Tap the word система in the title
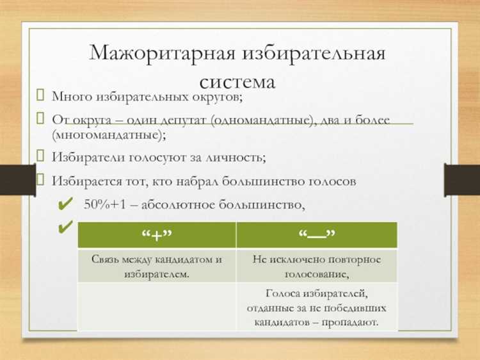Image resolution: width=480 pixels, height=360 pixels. [x=237, y=81]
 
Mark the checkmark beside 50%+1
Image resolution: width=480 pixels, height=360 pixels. [x=65, y=205]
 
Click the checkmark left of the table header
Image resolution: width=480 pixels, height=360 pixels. [x=65, y=227]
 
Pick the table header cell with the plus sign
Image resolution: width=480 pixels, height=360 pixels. [x=157, y=235]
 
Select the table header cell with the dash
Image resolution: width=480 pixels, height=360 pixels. [x=317, y=235]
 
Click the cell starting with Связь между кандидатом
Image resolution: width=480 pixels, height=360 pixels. [x=157, y=266]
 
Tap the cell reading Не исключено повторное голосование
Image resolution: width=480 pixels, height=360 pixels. [x=317, y=266]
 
